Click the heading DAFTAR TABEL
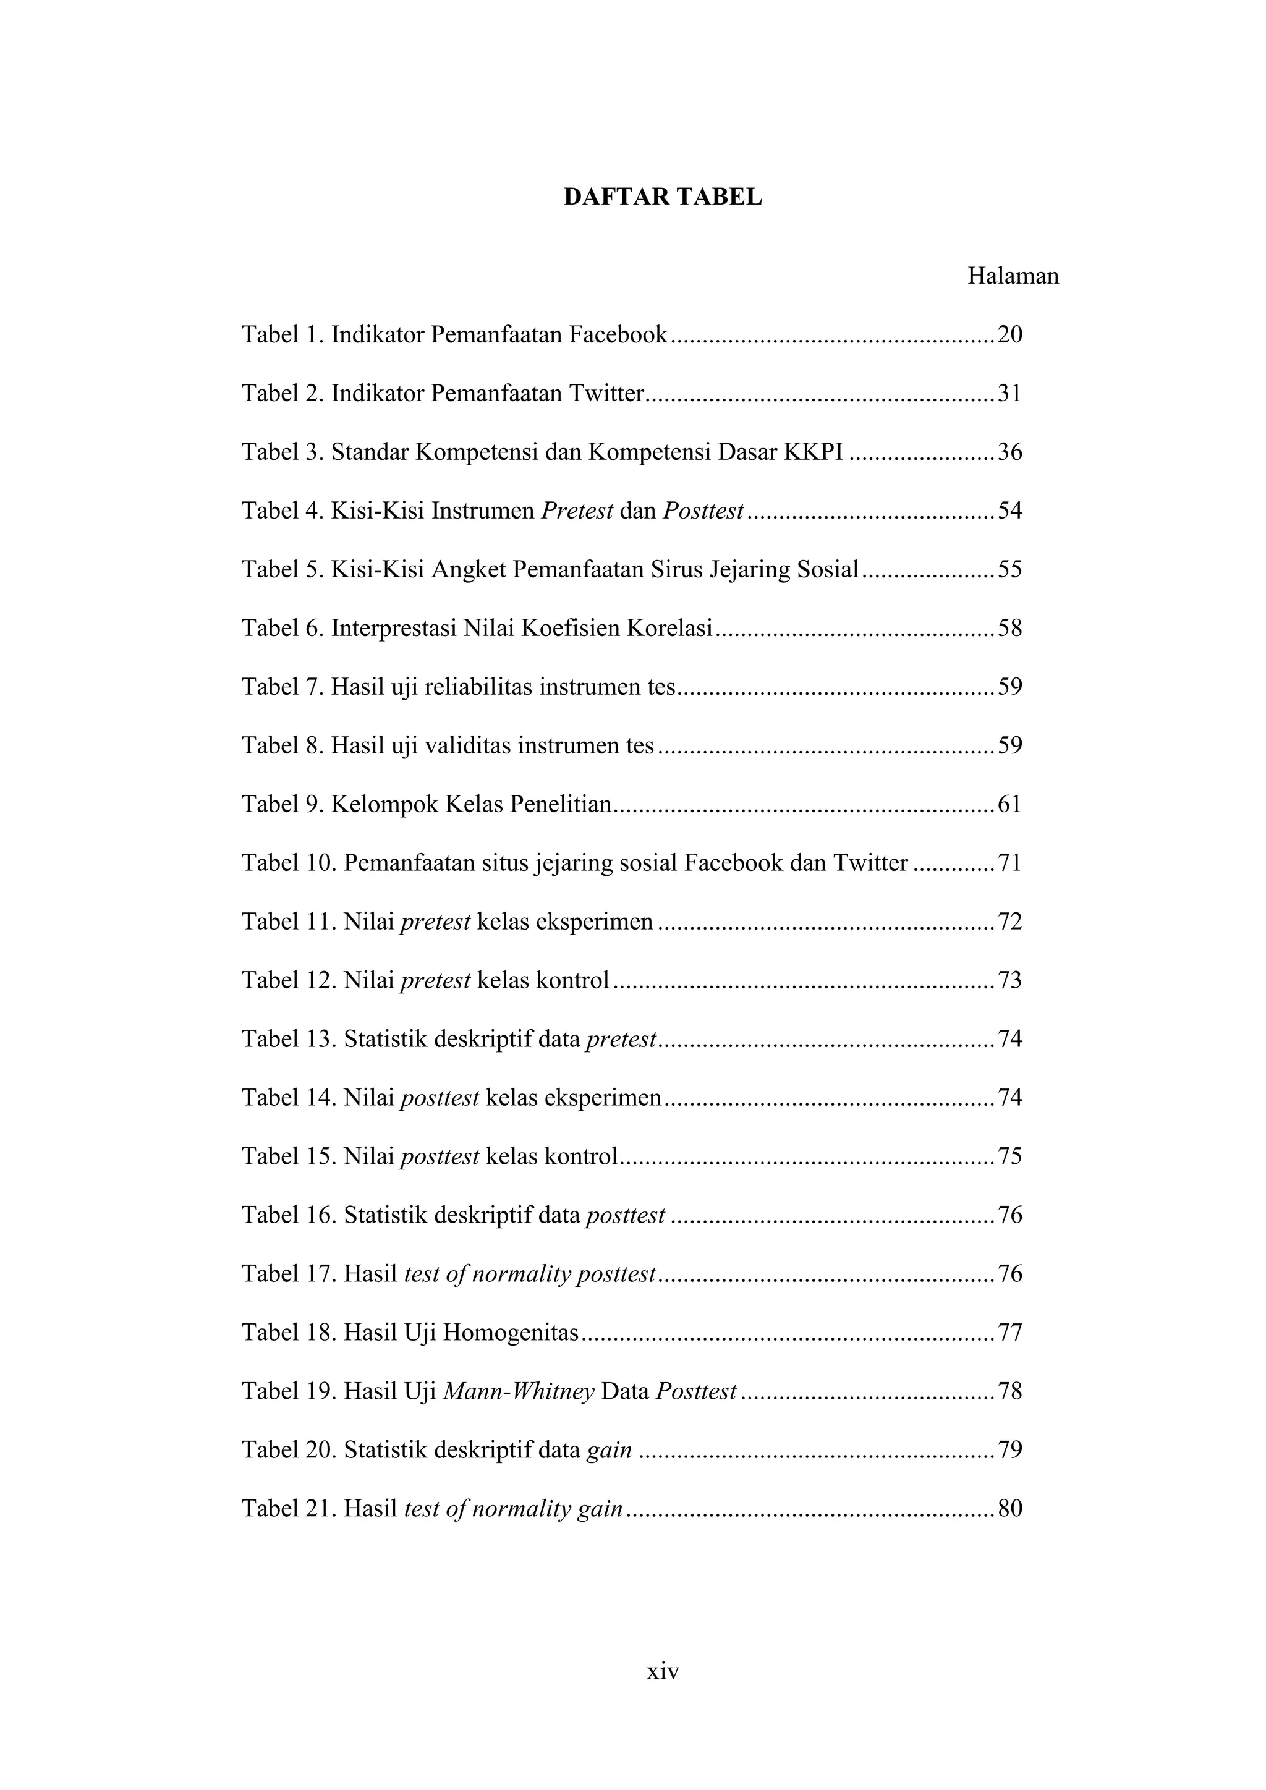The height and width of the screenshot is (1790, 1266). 663,197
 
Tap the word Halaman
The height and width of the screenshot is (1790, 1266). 1013,276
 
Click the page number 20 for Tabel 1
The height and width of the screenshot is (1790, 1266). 1009,334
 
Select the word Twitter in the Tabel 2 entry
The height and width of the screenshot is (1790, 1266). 605,393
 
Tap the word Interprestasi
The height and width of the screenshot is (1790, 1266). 394,629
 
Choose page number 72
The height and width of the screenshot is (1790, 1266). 1009,922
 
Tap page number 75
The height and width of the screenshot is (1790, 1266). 1009,1156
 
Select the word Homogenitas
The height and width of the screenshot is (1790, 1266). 511,1333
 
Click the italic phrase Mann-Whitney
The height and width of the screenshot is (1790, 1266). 519,1391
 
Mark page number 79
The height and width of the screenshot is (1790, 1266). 1009,1450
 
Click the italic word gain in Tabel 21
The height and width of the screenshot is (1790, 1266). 600,1510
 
